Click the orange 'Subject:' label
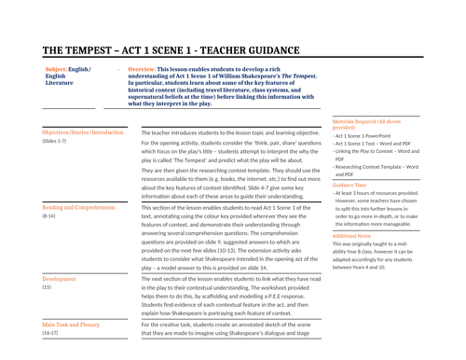pyautogui.click(x=58, y=69)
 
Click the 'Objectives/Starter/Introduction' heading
pyautogui.click(x=83, y=132)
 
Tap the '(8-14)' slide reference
pyautogui.click(x=49, y=215)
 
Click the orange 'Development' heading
pyautogui.click(x=59, y=278)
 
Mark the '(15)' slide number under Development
pyautogui.click(x=47, y=286)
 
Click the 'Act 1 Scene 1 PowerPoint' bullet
pyautogui.click(x=369, y=136)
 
